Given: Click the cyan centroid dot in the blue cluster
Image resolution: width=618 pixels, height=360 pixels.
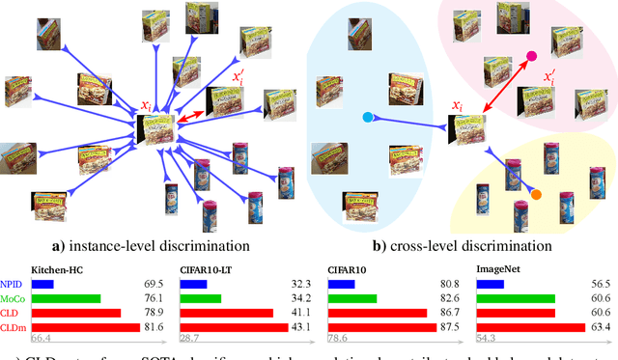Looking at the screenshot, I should [367, 118].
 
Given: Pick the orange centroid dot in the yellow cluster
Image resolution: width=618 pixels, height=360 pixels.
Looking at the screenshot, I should [536, 196].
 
